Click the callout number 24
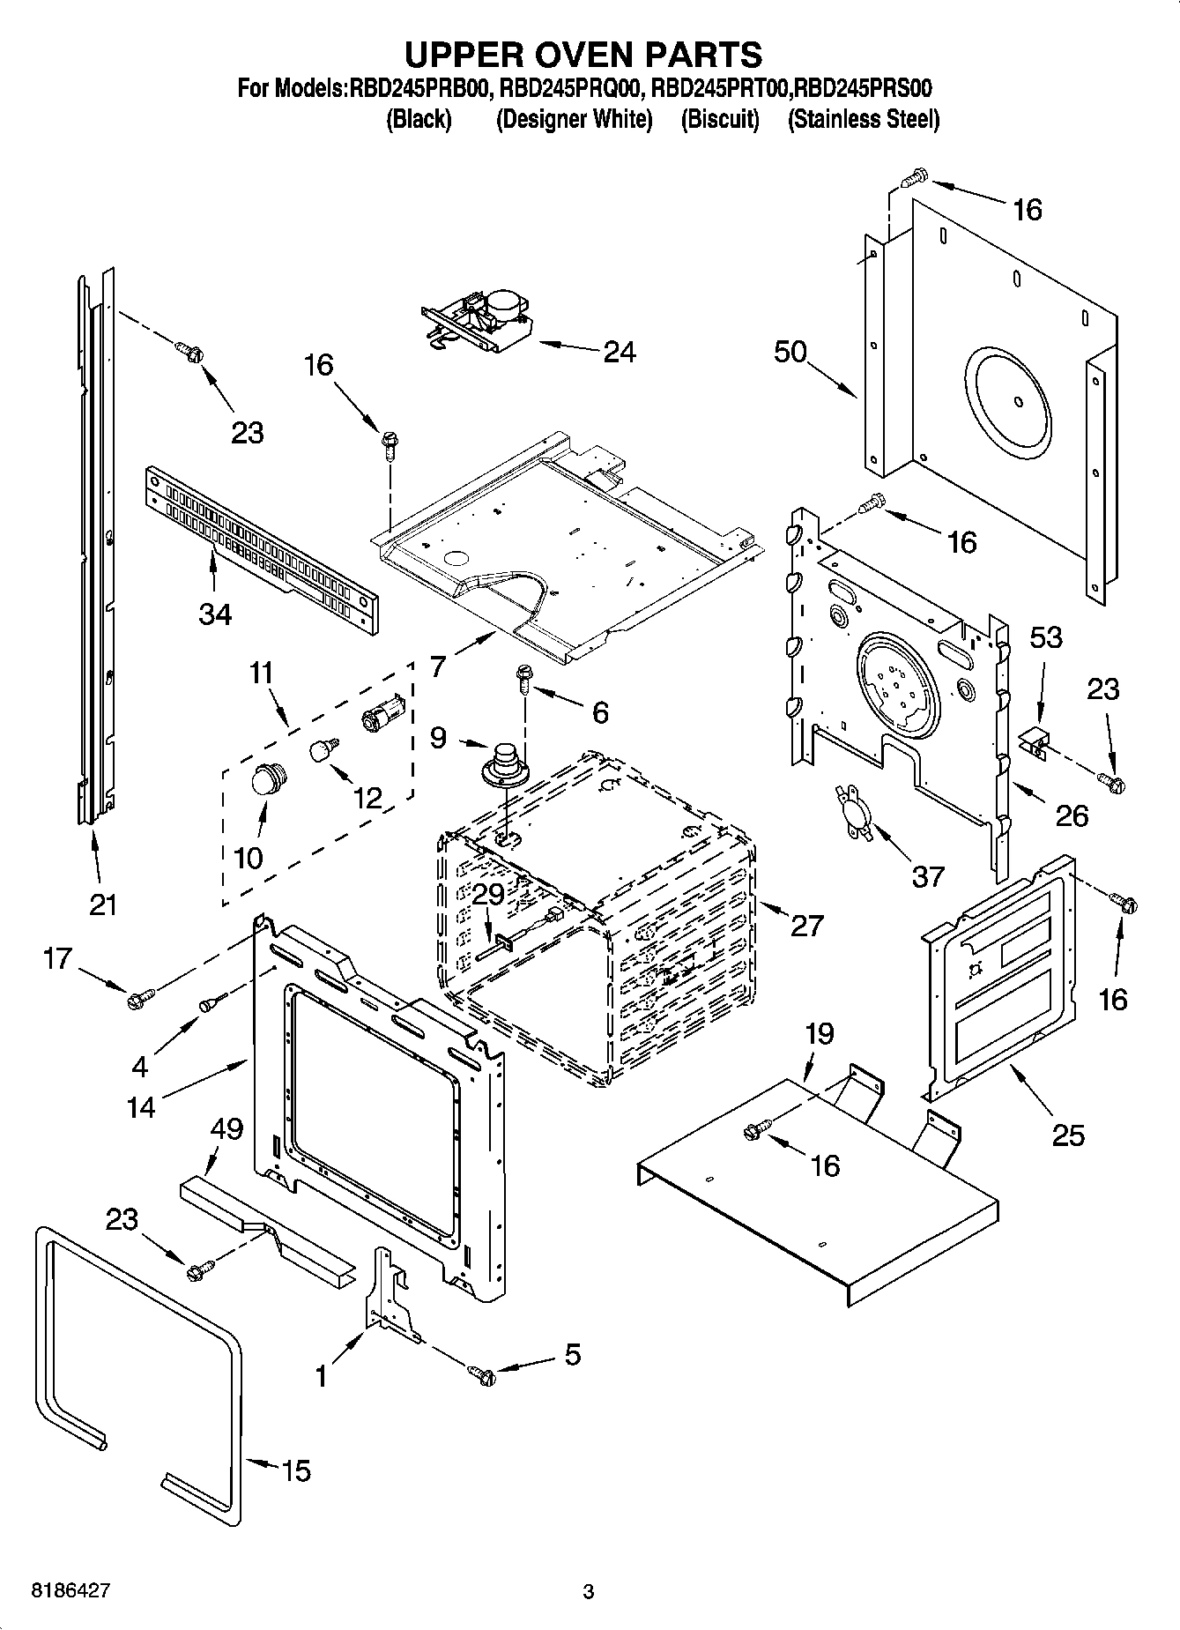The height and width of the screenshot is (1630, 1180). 620,352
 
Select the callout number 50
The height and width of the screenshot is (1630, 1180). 790,352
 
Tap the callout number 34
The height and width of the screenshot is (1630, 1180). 215,614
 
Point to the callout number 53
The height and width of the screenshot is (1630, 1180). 1046,636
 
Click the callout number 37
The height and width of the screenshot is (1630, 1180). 928,875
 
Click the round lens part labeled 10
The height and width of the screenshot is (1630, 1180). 268,780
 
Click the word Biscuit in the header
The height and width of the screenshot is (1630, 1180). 720,119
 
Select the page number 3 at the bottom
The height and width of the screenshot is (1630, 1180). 589,1592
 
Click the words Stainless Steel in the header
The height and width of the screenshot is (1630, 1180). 863,119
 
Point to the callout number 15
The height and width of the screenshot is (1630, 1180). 296,1470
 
